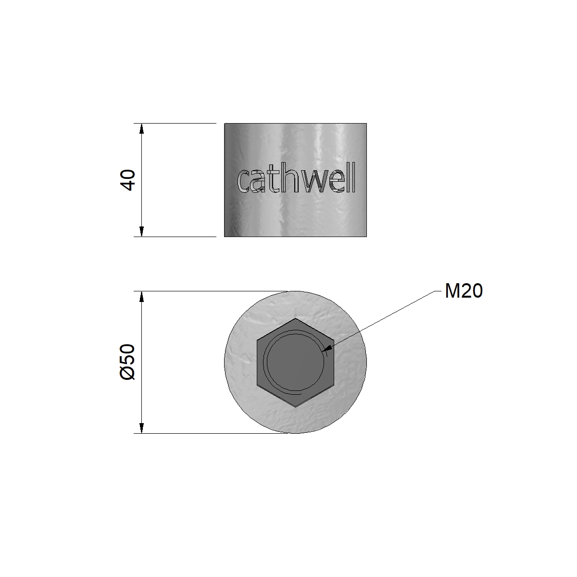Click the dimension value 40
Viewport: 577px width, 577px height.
(x=127, y=180)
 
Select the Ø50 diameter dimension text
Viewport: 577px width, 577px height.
(x=127, y=362)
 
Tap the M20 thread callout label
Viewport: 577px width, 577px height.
(x=464, y=291)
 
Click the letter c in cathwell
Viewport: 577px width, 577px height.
(x=243, y=181)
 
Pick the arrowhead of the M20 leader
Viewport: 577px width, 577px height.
(x=328, y=348)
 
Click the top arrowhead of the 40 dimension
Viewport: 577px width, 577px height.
(x=142, y=128)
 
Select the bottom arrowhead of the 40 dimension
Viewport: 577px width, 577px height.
(x=142, y=231)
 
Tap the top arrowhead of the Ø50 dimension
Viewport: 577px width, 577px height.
(x=142, y=296)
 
